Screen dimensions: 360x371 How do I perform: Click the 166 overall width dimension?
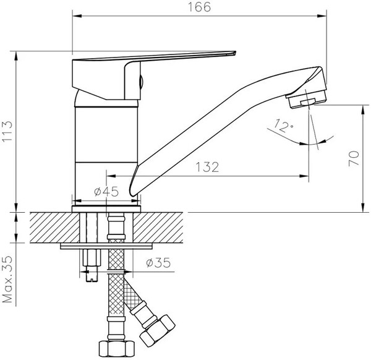[x=200, y=7]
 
